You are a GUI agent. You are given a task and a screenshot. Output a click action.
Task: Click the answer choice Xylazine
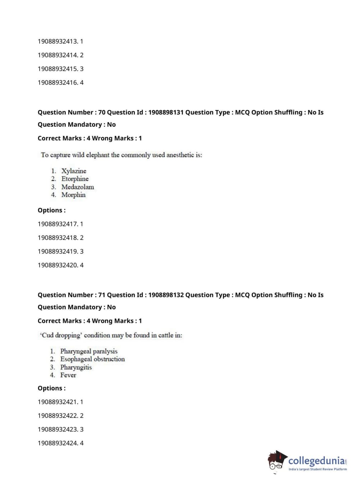point(74,171)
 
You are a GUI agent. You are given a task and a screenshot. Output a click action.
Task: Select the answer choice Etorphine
point(75,179)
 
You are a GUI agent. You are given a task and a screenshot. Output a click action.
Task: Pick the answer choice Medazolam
point(78,187)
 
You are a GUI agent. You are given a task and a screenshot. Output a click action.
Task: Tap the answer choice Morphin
point(73,195)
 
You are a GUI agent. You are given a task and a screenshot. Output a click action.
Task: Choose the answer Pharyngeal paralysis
point(89,351)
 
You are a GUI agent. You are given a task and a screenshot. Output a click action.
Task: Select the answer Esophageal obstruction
point(92,359)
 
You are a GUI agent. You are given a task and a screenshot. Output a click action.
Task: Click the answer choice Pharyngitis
point(76,367)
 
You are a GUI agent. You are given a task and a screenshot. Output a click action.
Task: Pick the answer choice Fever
point(68,375)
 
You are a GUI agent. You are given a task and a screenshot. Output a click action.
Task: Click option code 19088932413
point(58,41)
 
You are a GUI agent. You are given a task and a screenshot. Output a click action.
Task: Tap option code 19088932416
point(58,82)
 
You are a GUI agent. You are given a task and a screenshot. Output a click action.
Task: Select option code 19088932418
point(58,238)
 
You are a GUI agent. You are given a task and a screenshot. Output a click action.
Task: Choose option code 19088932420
point(58,265)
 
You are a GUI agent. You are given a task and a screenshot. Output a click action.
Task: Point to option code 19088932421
point(58,402)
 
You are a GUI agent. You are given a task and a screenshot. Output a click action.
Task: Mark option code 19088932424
point(58,443)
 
